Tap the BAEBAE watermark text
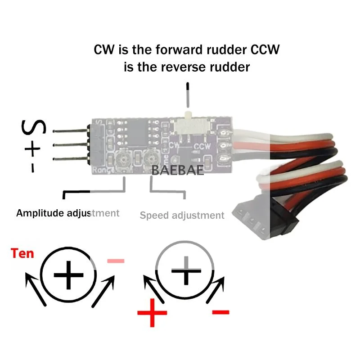point(178,170)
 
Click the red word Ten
point(22,253)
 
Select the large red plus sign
point(152,312)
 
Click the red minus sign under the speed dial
point(220,311)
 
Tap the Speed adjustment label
point(182,215)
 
